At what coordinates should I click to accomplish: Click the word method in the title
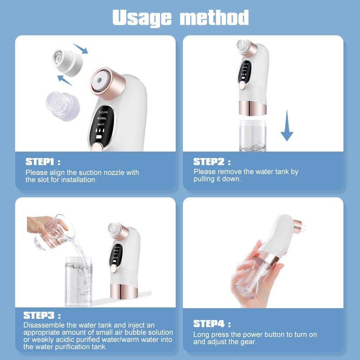point(215,17)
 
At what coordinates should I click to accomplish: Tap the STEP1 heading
point(41,161)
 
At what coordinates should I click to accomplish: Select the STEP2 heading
point(209,161)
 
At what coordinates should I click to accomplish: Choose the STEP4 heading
point(209,323)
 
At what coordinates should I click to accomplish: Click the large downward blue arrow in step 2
point(287,126)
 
